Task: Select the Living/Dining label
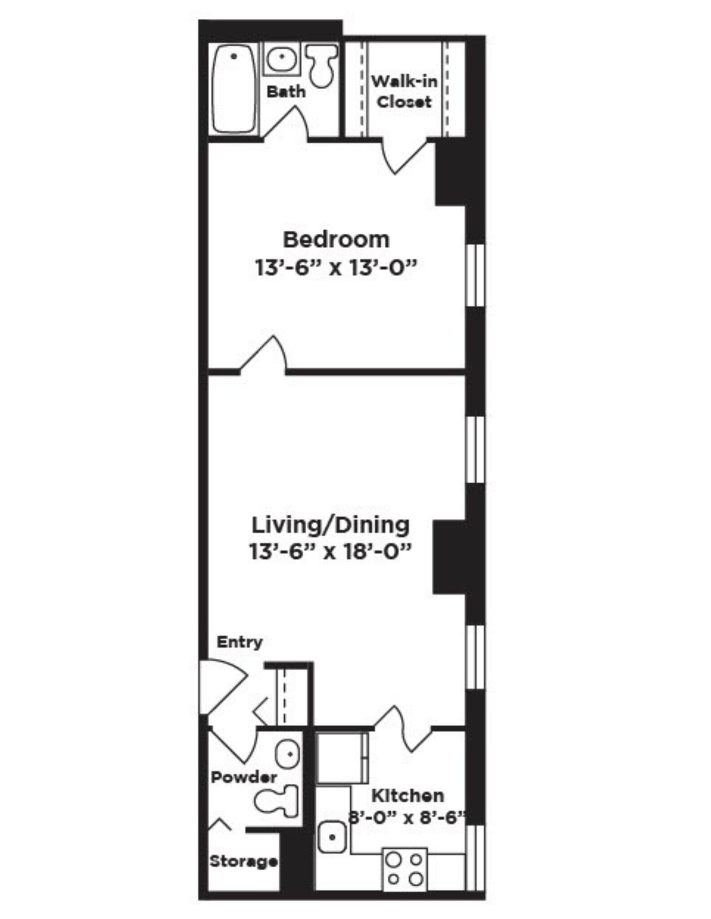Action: pos(330,525)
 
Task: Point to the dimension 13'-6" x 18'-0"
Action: pos(330,551)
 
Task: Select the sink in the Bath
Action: pos(281,59)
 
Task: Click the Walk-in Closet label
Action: pos(404,92)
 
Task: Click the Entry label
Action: pos(239,642)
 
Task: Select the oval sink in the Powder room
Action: pos(287,754)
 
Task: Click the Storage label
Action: pos(243,861)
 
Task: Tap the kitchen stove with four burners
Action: pos(405,869)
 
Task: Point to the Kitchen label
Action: pos(407,796)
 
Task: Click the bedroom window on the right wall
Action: pos(475,275)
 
